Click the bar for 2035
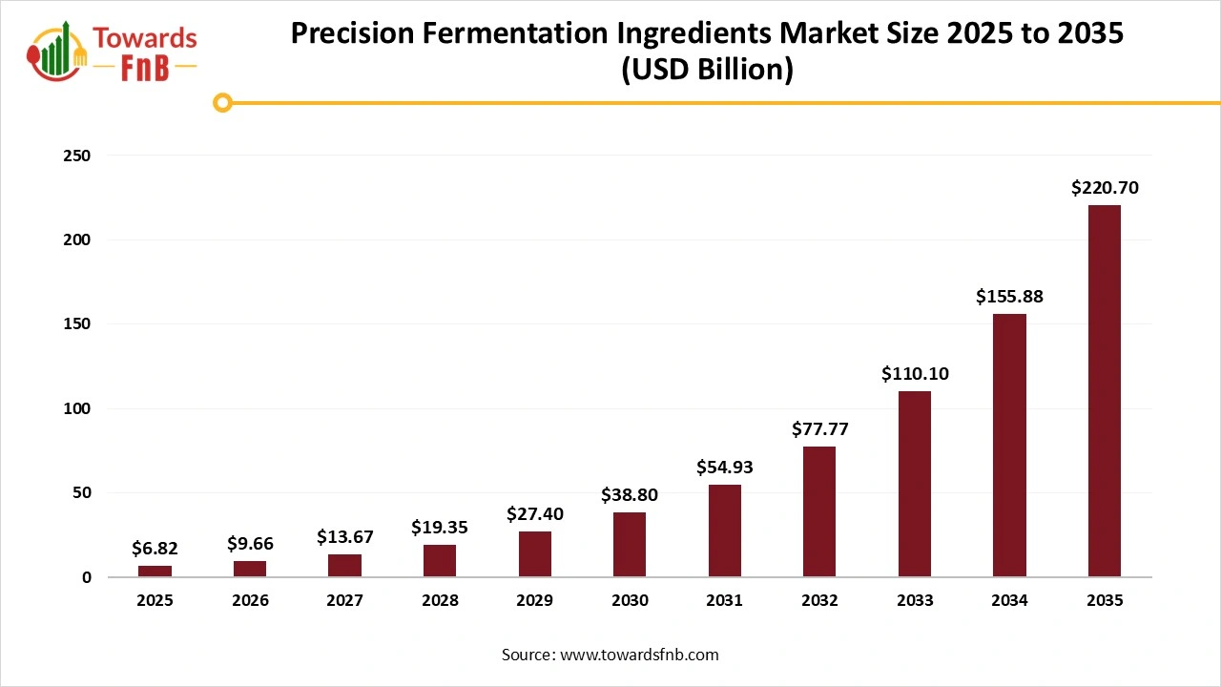1104,391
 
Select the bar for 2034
1009,446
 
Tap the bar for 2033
914,484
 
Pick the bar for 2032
819,511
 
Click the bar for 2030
630,545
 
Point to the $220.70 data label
1104,188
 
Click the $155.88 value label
1009,297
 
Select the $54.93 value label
724,468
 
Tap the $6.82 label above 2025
155,549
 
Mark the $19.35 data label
440,527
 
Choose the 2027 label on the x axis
344,600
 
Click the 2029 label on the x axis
534,600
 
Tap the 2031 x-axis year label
724,600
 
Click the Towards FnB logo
113,50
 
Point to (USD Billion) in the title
707,71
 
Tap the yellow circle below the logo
222,102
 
